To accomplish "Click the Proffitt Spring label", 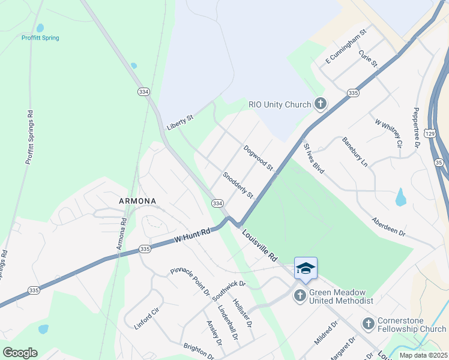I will click(40, 38).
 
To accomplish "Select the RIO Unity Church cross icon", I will click(321, 104).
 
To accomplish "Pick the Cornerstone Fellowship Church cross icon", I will click(369, 324).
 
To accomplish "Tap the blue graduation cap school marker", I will click(306, 268).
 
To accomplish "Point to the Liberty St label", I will click(180, 122).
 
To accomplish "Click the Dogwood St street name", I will click(258, 157).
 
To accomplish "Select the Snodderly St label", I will click(238, 187).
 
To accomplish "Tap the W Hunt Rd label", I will click(192, 235).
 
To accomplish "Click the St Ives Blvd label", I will click(314, 158).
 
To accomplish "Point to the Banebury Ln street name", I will click(355, 153).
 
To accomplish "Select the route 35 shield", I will click(439, 163).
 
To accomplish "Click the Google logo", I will click(20, 353).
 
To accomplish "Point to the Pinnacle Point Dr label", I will click(190, 282).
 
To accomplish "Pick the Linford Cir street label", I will click(146, 319).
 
